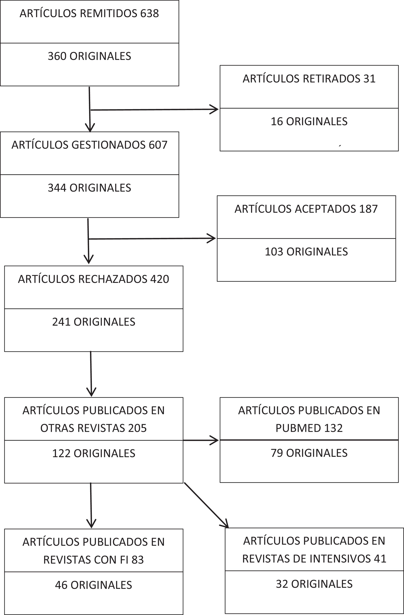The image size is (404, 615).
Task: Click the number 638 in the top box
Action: coord(149,13)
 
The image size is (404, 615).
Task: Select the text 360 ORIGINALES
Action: coord(89,56)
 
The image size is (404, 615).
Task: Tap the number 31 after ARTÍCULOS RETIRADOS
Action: coord(369,79)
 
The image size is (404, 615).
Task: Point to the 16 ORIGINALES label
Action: coord(309,121)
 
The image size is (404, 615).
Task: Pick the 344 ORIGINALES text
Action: coord(89,188)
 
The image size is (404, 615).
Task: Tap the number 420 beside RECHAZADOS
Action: coord(159,279)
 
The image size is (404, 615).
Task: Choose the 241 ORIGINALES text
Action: coord(93,322)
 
